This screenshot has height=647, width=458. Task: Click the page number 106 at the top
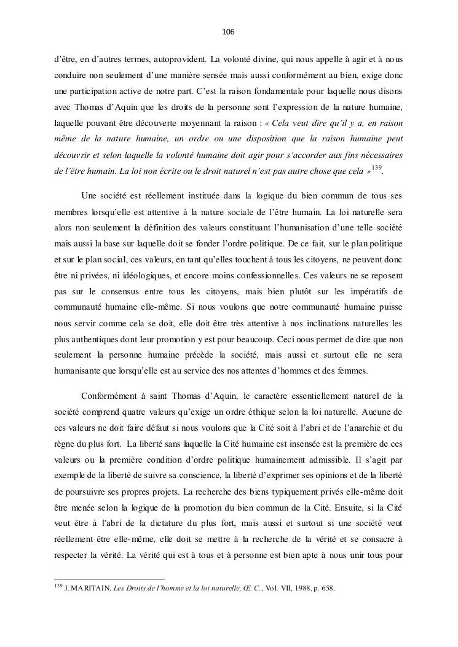pyautogui.click(x=229, y=31)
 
